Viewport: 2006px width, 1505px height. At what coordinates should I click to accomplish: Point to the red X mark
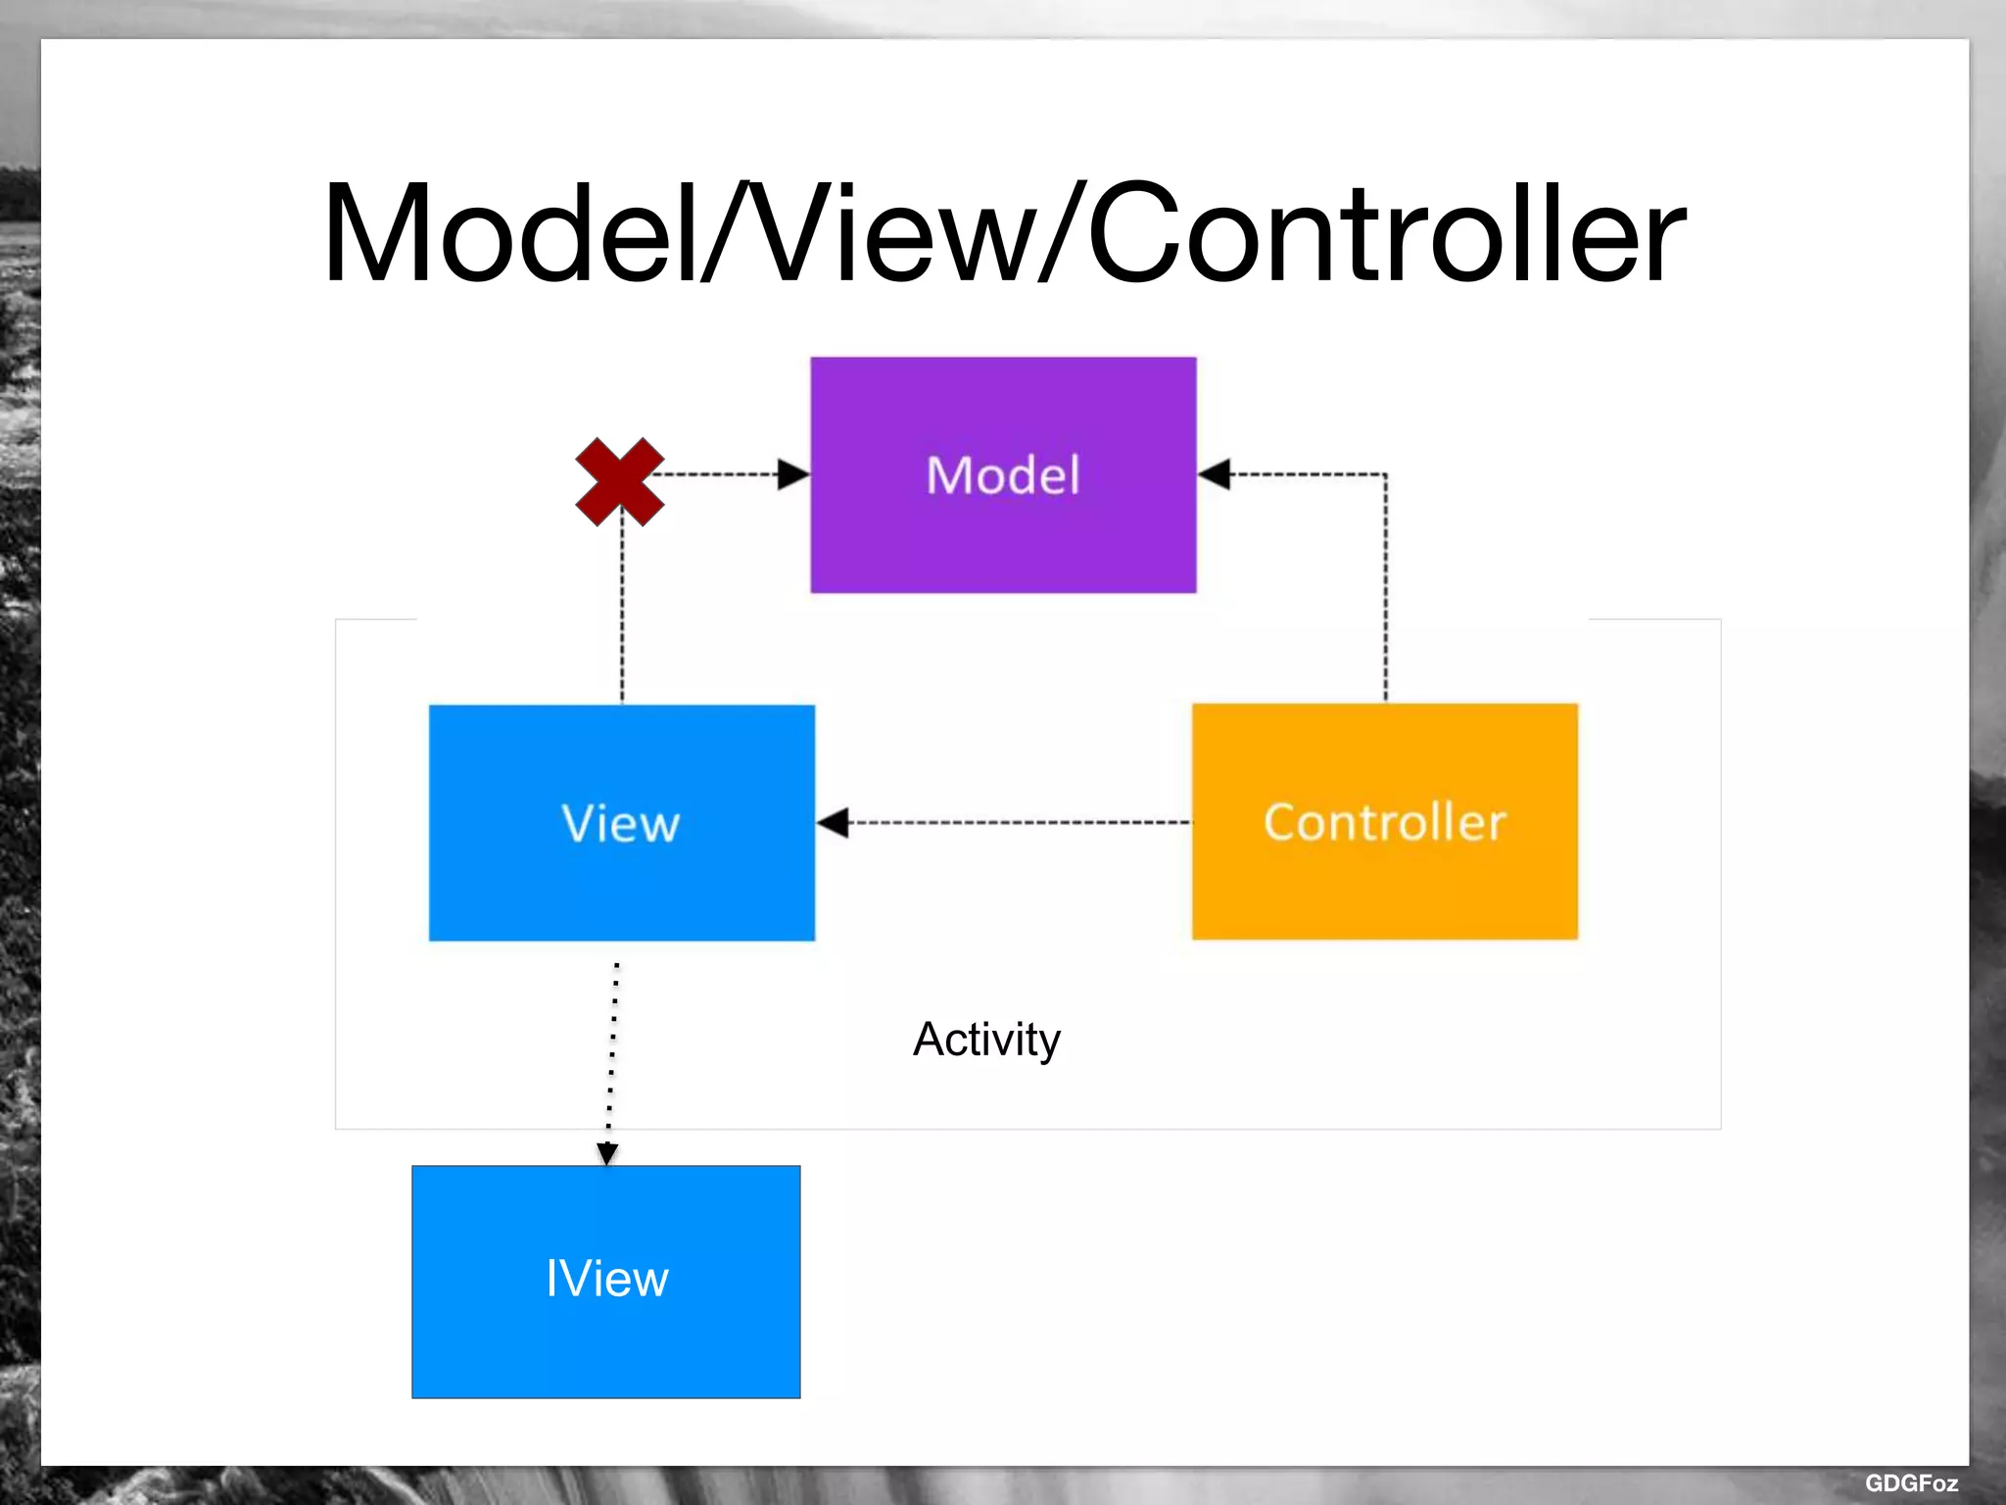[x=619, y=481]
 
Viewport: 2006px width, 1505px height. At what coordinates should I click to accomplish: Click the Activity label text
[x=986, y=1040]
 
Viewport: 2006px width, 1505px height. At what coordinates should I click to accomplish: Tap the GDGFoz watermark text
[x=1910, y=1482]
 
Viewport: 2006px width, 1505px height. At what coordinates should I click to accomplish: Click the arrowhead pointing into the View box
[x=833, y=822]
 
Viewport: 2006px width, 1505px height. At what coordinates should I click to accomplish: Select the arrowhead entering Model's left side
[x=793, y=474]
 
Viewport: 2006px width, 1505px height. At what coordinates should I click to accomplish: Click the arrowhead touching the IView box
[x=607, y=1153]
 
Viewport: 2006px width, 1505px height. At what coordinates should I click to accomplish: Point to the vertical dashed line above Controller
[x=1385, y=588]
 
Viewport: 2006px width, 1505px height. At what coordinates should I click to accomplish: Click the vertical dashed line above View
[x=622, y=617]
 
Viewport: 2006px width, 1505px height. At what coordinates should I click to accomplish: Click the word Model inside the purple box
[x=1003, y=475]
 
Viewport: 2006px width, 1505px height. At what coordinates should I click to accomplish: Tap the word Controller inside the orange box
[x=1384, y=822]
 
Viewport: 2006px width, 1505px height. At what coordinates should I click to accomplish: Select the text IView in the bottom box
[x=606, y=1279]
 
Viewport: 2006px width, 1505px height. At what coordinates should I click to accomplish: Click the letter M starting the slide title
[x=377, y=235]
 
